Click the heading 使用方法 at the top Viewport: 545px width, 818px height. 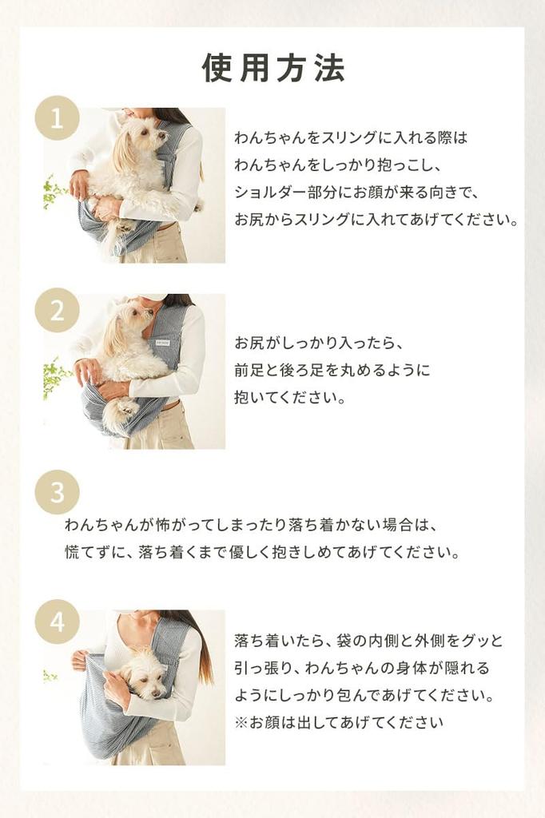(x=273, y=69)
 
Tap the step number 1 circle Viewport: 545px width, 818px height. (x=57, y=118)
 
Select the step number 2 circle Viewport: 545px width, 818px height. (x=57, y=310)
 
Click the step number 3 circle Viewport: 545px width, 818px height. (x=57, y=492)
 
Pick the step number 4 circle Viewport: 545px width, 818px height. (x=57, y=621)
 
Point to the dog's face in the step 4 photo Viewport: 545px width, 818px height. (x=145, y=676)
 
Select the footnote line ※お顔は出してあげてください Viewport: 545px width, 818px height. (x=338, y=723)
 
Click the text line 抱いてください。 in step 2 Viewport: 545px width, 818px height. (x=289, y=397)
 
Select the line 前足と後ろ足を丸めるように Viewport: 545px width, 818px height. (x=332, y=370)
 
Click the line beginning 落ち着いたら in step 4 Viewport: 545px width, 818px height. (x=369, y=641)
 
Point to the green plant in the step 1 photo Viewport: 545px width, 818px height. (x=54, y=192)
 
